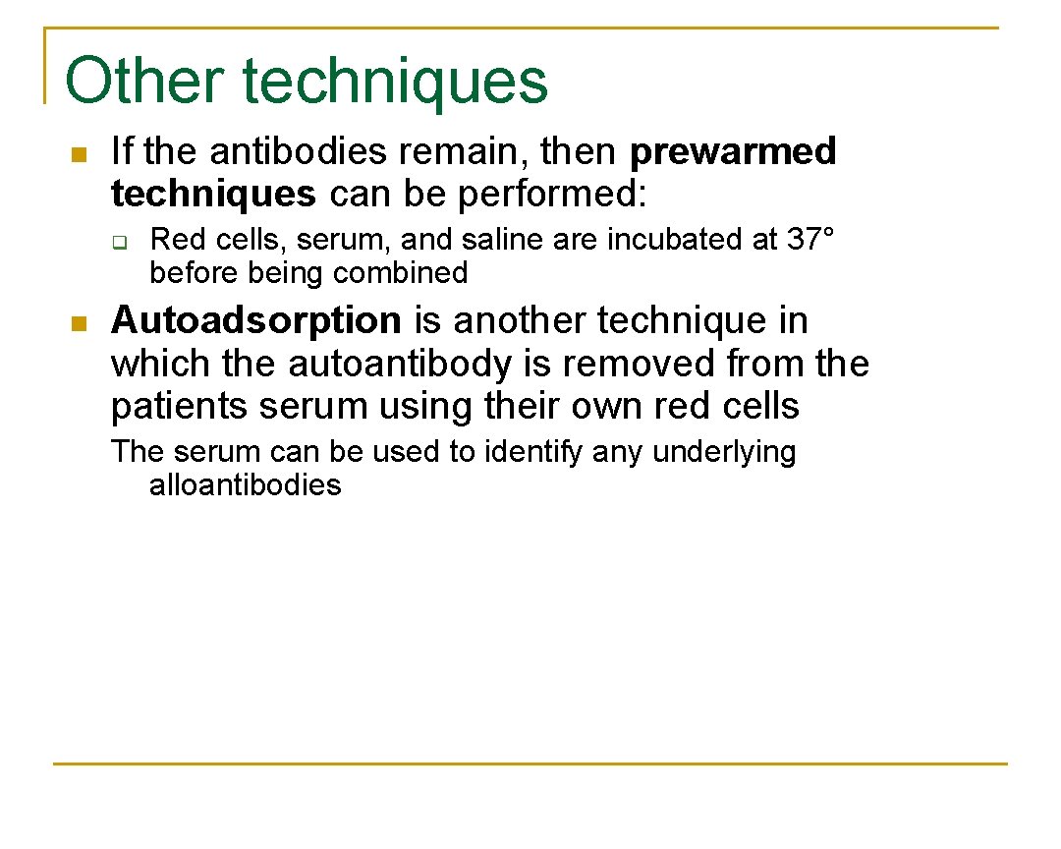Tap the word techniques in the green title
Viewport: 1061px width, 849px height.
click(395, 81)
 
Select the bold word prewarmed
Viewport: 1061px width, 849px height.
click(733, 151)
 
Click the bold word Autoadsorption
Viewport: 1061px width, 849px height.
click(256, 320)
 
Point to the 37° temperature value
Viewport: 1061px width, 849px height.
click(810, 239)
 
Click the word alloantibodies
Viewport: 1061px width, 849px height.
click(246, 484)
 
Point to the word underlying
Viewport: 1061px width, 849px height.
click(724, 452)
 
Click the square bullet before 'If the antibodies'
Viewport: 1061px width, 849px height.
click(80, 154)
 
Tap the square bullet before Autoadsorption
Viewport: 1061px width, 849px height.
click(80, 323)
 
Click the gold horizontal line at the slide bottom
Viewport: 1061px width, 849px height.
click(530, 764)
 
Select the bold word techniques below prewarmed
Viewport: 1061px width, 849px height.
click(213, 195)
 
